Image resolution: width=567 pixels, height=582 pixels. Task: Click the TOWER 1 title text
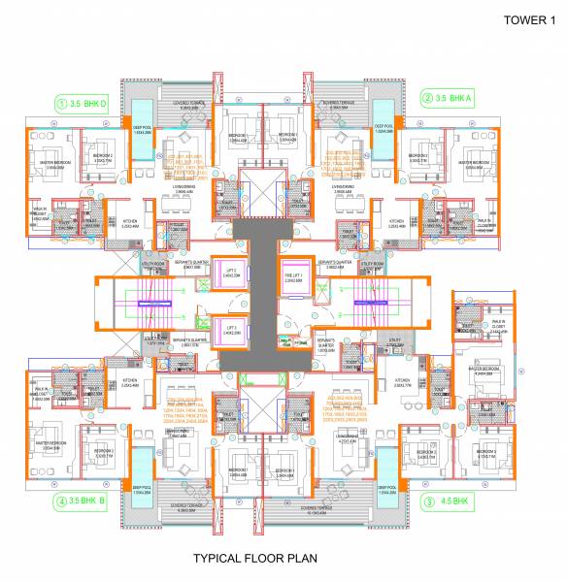tap(523, 18)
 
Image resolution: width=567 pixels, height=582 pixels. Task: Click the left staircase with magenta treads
tap(154, 305)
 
